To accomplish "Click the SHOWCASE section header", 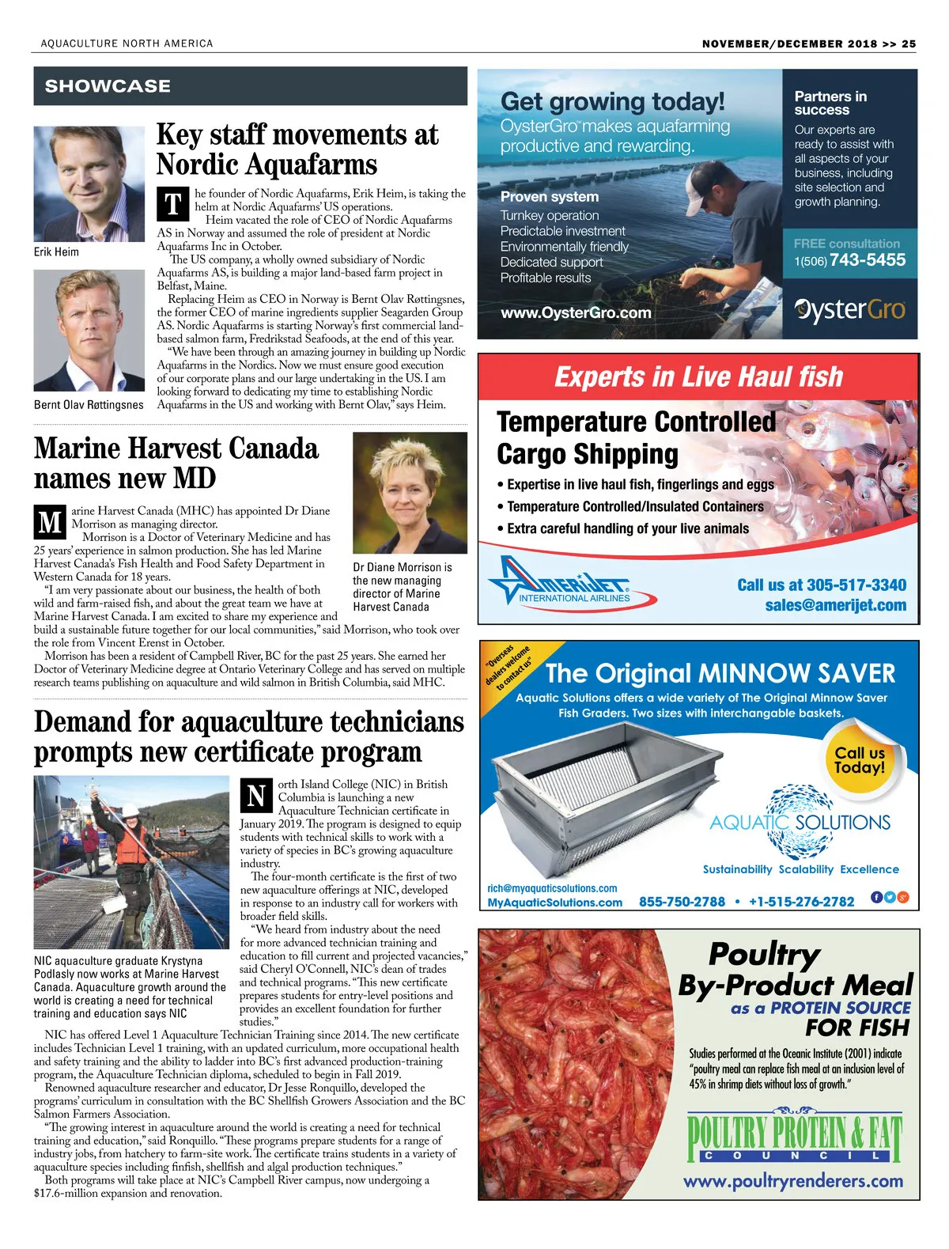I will click(108, 86).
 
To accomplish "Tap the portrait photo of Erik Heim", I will click(88, 184).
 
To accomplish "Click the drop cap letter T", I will click(173, 204).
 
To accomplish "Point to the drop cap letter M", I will click(51, 522).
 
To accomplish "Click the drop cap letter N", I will click(256, 796).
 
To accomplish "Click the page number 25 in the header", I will click(909, 44).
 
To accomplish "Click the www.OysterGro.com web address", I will click(576, 312).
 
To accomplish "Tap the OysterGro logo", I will click(849, 309).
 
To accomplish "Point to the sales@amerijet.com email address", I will click(835, 605).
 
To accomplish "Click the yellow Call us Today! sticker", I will click(860, 759).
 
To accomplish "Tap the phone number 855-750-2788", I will click(682, 902).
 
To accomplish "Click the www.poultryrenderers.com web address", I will click(792, 1181).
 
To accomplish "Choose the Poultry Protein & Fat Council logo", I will click(794, 1136).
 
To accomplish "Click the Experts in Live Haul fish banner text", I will click(698, 377).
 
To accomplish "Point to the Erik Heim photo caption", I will click(56, 252).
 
